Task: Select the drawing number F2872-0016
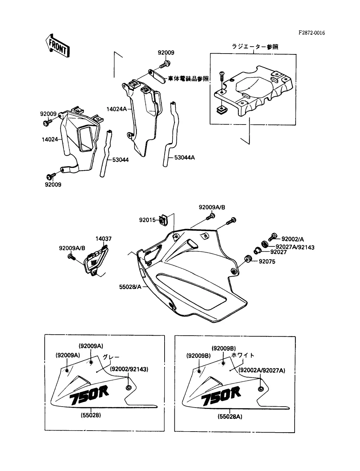(312, 33)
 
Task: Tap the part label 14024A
(116, 109)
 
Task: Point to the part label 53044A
(185, 158)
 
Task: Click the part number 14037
(103, 239)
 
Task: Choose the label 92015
(147, 220)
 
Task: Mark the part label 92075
(267, 261)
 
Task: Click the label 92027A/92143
(295, 247)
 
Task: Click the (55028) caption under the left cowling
(91, 415)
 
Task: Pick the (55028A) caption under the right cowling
(230, 416)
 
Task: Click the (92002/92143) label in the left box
(129, 369)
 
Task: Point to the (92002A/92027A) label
(262, 370)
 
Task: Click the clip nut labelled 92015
(162, 219)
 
